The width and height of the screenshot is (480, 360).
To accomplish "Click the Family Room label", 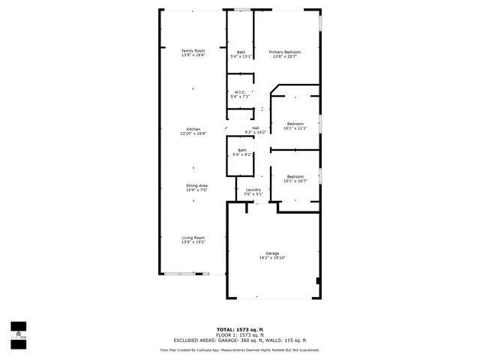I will pyautogui.click(x=193, y=51).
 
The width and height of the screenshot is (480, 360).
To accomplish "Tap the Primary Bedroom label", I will pyautogui.click(x=285, y=51).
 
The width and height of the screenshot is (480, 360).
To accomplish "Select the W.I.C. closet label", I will pyautogui.click(x=240, y=92).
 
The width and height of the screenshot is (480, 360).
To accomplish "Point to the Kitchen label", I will pyautogui.click(x=193, y=129).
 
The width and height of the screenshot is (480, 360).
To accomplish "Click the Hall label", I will pyautogui.click(x=256, y=128).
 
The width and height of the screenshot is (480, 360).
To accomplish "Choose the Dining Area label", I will pyautogui.click(x=197, y=185).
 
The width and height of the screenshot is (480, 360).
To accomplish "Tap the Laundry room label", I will pyautogui.click(x=253, y=190).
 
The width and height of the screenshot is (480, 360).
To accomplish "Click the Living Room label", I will pyautogui.click(x=193, y=238).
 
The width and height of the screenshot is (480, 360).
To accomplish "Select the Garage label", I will pyautogui.click(x=272, y=253).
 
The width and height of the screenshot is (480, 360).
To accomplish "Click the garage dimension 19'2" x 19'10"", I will pyautogui.click(x=272, y=258).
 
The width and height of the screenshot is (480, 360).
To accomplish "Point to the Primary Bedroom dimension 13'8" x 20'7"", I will pyautogui.click(x=285, y=56).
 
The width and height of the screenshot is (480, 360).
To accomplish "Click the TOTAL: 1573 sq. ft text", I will pyautogui.click(x=240, y=329).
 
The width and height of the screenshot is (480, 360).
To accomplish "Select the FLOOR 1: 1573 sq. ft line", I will pyautogui.click(x=240, y=334).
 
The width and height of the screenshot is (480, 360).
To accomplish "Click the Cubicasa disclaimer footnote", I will pyautogui.click(x=240, y=349).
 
